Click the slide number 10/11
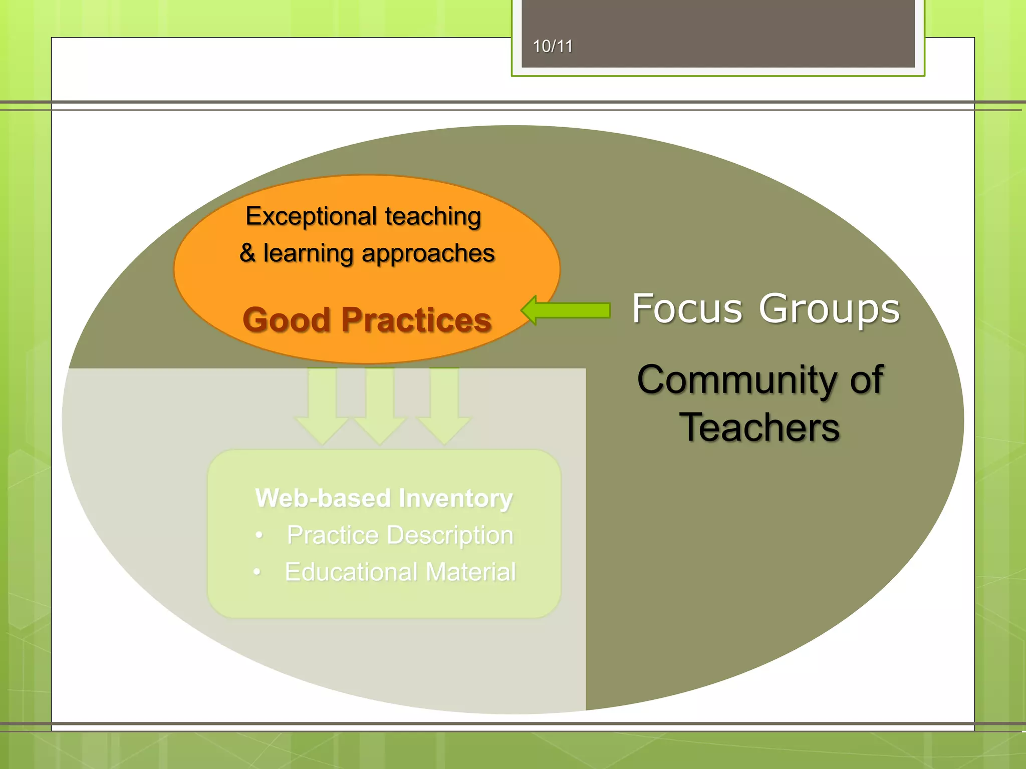point(552,47)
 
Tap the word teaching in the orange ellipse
point(433,216)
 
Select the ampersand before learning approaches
point(247,252)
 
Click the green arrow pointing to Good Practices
point(566,310)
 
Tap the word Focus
point(687,308)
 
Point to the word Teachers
point(759,428)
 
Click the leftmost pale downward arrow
point(322,406)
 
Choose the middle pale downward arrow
point(380,406)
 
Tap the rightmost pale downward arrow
point(444,406)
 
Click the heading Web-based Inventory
point(384,498)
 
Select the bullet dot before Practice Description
point(259,535)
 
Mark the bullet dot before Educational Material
point(257,572)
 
